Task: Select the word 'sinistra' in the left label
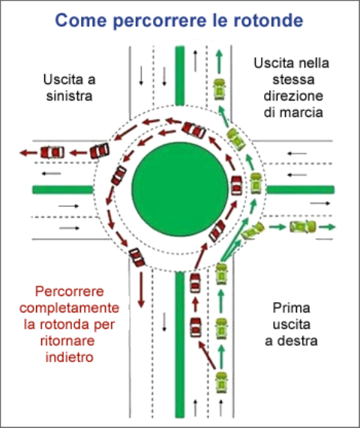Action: pos(70,96)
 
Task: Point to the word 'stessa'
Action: pos(293,79)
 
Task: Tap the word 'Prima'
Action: pos(291,308)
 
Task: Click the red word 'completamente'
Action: pos(70,308)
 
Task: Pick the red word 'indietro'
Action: pos(70,358)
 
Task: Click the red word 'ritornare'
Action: pos(67,341)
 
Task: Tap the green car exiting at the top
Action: pos(219,89)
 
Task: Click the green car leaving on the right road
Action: pos(303,227)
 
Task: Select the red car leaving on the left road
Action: pos(52,153)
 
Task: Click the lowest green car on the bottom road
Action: pos(221,382)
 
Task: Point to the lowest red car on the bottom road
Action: pos(196,328)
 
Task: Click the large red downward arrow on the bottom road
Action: pos(141,290)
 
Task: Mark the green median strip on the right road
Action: pos(301,190)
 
